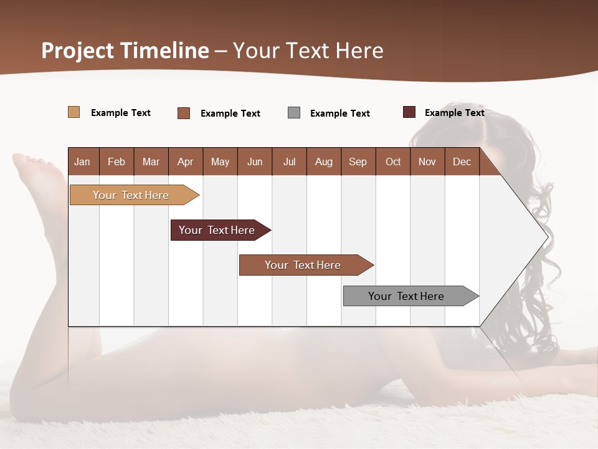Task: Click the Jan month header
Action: coord(82,162)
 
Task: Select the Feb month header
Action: coord(116,162)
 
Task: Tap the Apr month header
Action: coord(185,162)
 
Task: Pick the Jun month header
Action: coord(255,162)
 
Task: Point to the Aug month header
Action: coord(323,162)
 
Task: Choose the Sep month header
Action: coord(358,162)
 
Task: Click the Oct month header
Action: coord(393,162)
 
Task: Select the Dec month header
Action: coord(462,162)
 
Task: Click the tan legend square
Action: coord(74,112)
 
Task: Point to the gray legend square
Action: coord(294,113)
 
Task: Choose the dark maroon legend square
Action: coord(409,112)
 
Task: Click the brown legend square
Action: coord(184,113)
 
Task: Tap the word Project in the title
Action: coord(78,51)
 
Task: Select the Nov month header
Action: coord(427,162)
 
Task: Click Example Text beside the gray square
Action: coord(339,113)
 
